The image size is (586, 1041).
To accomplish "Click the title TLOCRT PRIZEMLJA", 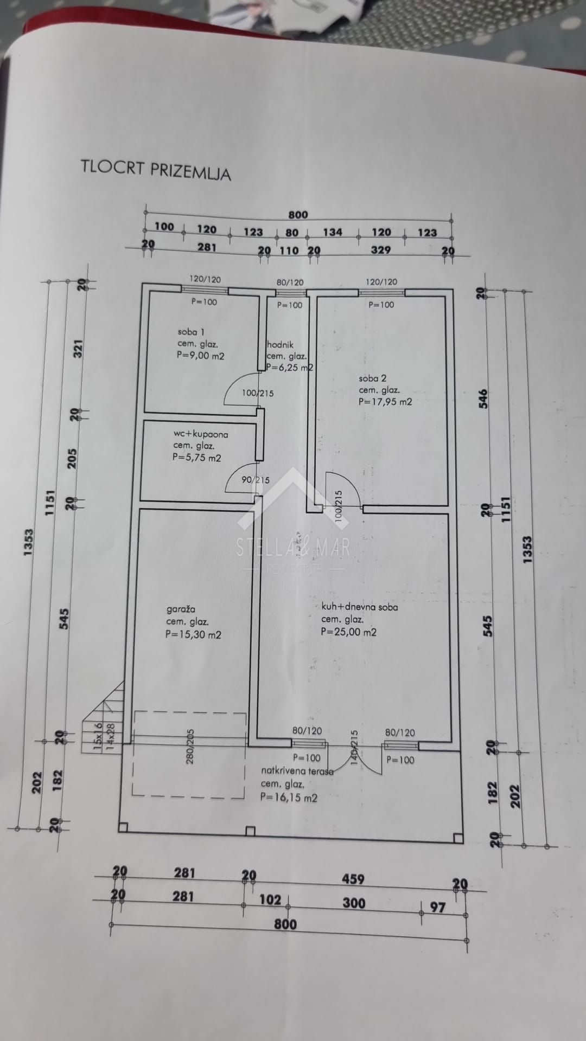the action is pyautogui.click(x=156, y=170).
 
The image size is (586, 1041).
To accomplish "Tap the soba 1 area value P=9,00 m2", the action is pyautogui.click(x=200, y=356).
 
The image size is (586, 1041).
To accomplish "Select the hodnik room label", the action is pyautogui.click(x=281, y=344).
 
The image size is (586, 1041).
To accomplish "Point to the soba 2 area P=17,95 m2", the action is pyautogui.click(x=385, y=402).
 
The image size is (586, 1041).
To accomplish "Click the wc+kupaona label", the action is pyautogui.click(x=201, y=434).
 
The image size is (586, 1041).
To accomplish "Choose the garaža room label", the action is pyautogui.click(x=181, y=609).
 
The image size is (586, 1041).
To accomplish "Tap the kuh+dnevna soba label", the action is pyautogui.click(x=359, y=607).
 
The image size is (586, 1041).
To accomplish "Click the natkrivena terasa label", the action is pyautogui.click(x=297, y=770).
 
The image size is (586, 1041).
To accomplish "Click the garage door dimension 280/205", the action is pyautogui.click(x=190, y=747).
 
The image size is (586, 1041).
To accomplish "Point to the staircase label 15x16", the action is pyautogui.click(x=98, y=732).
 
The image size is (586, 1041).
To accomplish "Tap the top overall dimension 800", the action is pyautogui.click(x=298, y=215).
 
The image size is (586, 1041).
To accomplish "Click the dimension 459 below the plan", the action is pyautogui.click(x=353, y=879).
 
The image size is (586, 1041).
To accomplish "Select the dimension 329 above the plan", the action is pyautogui.click(x=381, y=250).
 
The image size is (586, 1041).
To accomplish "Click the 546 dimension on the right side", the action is pyautogui.click(x=483, y=399).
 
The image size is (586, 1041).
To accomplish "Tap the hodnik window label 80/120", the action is pyautogui.click(x=290, y=282).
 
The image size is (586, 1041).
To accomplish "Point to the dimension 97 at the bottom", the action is pyautogui.click(x=437, y=907).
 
